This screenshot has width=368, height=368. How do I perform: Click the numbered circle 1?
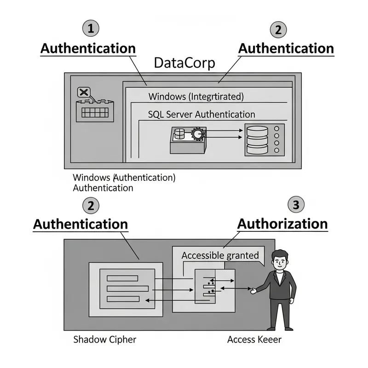(x=91, y=29)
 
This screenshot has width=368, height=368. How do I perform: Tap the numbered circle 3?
(x=296, y=205)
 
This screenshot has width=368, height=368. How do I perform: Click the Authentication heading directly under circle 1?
(x=88, y=48)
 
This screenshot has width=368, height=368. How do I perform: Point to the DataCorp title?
(x=184, y=63)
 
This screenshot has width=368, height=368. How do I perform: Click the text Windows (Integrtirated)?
(x=195, y=97)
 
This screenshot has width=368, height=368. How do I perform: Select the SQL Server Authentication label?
(x=201, y=114)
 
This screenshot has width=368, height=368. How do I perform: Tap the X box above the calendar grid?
(x=84, y=92)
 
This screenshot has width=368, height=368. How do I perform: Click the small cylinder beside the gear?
(x=179, y=134)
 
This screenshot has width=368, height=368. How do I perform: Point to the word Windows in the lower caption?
(x=92, y=178)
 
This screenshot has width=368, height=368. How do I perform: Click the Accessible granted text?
(x=220, y=255)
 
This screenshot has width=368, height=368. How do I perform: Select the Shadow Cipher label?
(x=105, y=340)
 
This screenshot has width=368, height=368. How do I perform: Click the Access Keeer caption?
(x=254, y=340)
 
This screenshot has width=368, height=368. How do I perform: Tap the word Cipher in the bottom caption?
(x=121, y=340)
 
